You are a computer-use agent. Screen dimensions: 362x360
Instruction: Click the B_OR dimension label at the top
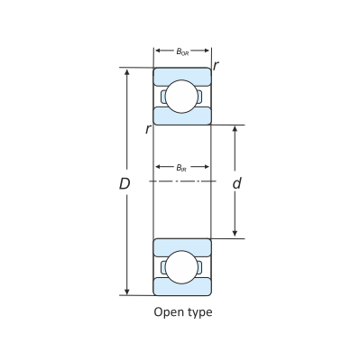pos(181,51)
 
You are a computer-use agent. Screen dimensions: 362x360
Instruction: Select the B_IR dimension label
pos(181,167)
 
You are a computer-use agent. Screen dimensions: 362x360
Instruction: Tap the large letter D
pos(125,183)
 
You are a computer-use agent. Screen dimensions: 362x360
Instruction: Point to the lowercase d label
pos(236,183)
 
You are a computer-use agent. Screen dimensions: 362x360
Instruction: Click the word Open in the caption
pos(169,312)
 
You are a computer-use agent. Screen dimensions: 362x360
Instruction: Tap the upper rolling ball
pos(181,97)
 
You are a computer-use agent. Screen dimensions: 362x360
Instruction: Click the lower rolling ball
pos(181,266)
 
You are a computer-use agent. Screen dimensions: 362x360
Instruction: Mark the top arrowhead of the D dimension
pos(127,71)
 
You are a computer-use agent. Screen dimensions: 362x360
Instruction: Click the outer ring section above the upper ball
pos(181,74)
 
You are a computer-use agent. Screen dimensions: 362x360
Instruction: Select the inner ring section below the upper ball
pos(181,117)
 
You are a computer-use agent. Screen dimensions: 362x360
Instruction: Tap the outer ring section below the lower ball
pos(181,288)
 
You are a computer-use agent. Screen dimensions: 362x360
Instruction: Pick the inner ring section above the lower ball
pos(181,246)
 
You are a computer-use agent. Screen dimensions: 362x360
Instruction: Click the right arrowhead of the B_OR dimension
pos(208,51)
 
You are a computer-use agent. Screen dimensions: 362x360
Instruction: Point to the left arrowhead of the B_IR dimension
pos(156,167)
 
